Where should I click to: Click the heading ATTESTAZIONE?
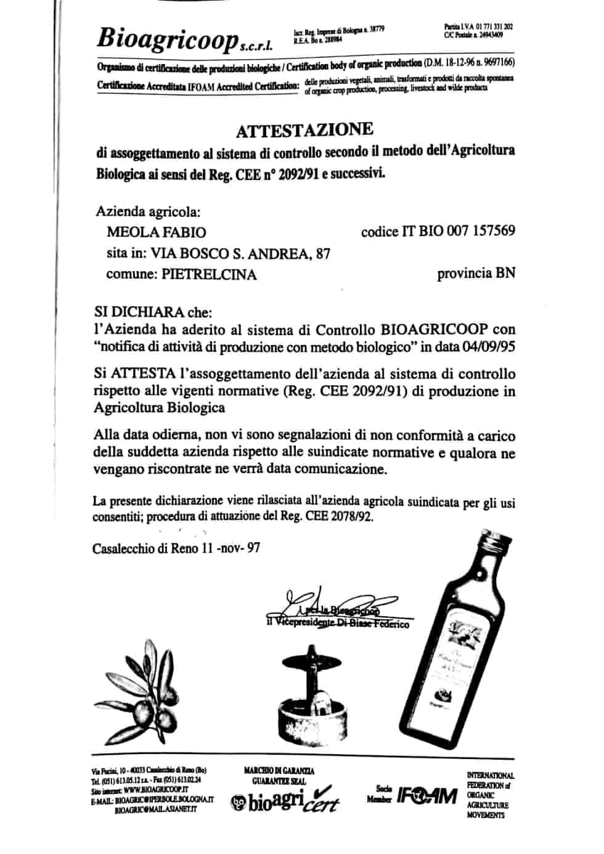pyautogui.click(x=304, y=130)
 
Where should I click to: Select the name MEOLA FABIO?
pyautogui.click(x=157, y=232)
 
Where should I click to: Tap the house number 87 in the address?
pyautogui.click(x=322, y=253)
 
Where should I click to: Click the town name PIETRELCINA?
pyautogui.click(x=209, y=274)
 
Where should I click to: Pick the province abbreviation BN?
pyautogui.click(x=505, y=273)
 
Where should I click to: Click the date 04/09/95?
pyautogui.click(x=489, y=346)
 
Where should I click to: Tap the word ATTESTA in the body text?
pyautogui.click(x=140, y=373)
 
